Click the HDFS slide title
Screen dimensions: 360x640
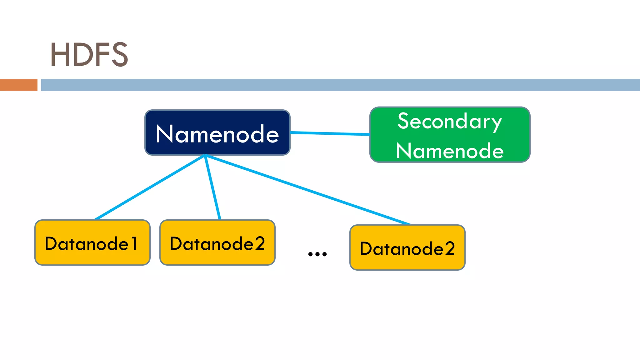coord(89,55)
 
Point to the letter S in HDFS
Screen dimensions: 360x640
coord(120,55)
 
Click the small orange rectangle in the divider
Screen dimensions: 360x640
coord(18,85)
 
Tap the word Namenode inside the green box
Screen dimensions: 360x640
coord(450,151)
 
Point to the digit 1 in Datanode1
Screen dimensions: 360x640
coord(134,244)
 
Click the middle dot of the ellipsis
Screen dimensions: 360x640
coord(317,254)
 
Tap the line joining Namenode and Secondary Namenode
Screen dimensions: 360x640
coord(330,133)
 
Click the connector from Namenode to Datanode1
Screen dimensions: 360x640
coord(150,187)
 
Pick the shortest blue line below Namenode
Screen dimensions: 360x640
coord(213,187)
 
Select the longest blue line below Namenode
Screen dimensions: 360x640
coord(308,189)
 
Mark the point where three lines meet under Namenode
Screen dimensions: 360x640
coord(205,155)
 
